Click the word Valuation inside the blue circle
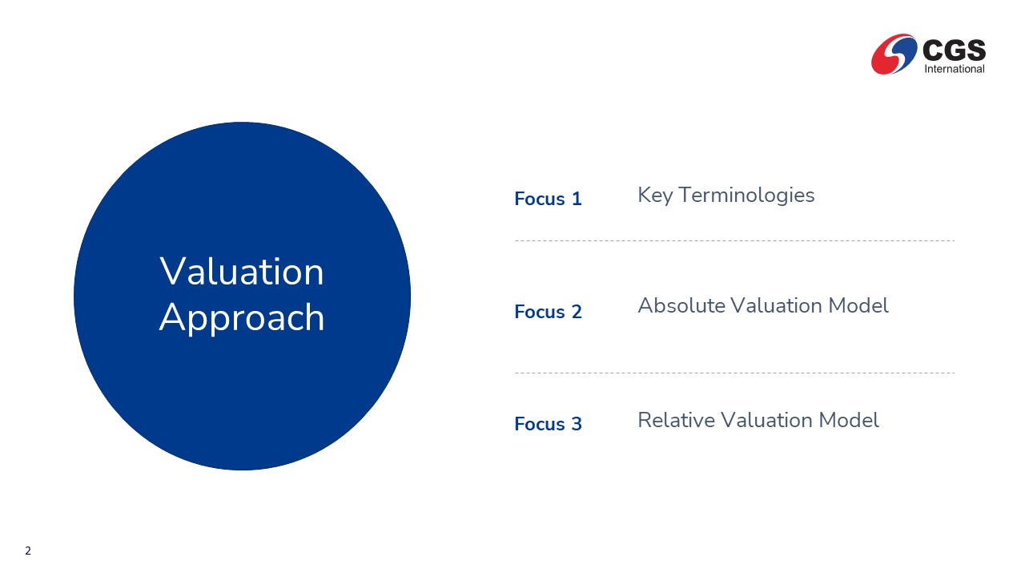pos(242,272)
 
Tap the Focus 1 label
pos(548,199)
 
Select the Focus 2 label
pos(548,312)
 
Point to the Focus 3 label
pos(548,424)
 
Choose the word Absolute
pos(681,305)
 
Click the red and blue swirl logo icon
pos(894,54)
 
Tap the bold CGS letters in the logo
pos(954,50)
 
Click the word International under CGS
pos(955,69)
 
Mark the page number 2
pos(28,551)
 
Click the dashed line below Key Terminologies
pos(734,240)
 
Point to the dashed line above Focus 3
pos(734,373)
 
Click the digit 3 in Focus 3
pos(577,424)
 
